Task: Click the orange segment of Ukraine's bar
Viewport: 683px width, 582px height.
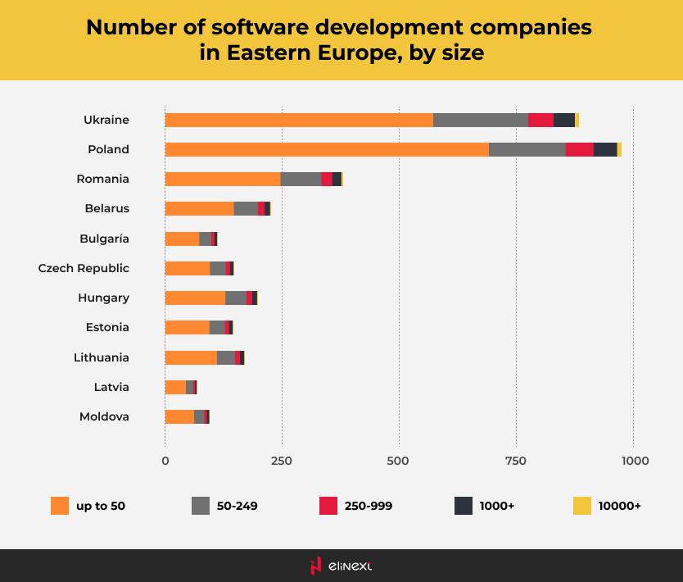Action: tap(299, 120)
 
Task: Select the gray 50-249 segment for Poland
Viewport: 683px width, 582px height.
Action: tap(527, 149)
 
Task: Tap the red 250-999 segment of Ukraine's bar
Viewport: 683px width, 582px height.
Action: tap(541, 120)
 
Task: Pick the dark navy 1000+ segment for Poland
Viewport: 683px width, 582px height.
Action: tap(604, 149)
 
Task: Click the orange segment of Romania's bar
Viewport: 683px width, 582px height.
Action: tap(223, 179)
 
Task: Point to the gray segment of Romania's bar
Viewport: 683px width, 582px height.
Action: tap(301, 179)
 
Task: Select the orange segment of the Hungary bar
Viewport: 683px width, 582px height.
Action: tap(195, 298)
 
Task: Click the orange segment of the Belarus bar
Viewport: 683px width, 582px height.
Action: tap(199, 208)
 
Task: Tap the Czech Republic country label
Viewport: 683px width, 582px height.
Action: tap(84, 268)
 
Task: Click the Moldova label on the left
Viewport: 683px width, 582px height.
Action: tap(104, 416)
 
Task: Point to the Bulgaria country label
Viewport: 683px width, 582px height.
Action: tap(104, 239)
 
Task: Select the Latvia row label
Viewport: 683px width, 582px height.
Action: tap(111, 387)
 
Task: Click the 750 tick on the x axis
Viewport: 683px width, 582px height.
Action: tap(516, 461)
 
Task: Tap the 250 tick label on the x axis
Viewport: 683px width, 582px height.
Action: tap(282, 461)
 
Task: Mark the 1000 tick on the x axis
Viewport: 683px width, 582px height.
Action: tap(634, 461)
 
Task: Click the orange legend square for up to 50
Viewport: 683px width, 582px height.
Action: tap(60, 506)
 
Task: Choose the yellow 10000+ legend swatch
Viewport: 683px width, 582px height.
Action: tap(581, 506)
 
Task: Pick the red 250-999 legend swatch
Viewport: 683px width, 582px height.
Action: tap(328, 506)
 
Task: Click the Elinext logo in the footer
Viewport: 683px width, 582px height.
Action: tap(341, 566)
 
